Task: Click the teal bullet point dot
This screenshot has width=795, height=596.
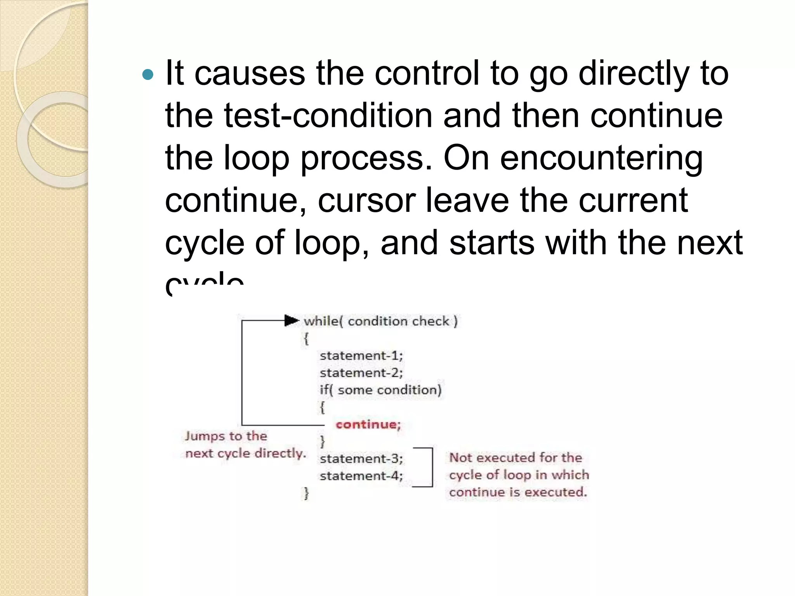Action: pos(148,74)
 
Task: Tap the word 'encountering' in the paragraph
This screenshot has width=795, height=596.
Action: pos(601,158)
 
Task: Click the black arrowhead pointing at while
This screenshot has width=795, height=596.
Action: pos(292,321)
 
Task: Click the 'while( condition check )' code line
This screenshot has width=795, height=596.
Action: pos(380,321)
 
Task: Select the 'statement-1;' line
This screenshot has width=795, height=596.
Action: pos(361,356)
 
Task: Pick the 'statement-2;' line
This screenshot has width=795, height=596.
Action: pos(361,373)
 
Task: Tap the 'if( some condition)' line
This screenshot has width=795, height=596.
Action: pos(380,390)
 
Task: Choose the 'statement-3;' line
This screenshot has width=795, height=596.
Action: pos(361,459)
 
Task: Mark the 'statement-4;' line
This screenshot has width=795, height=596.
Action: pos(361,476)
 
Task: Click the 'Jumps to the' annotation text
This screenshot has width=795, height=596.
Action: pos(226,436)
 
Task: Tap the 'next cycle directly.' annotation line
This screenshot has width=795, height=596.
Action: pos(245,453)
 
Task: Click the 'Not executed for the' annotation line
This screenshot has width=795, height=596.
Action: pos(516,458)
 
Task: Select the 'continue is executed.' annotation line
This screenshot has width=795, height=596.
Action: pos(518,492)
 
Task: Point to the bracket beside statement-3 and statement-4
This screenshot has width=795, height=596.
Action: pos(431,467)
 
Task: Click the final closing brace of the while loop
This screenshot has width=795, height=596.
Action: pos(306,493)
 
